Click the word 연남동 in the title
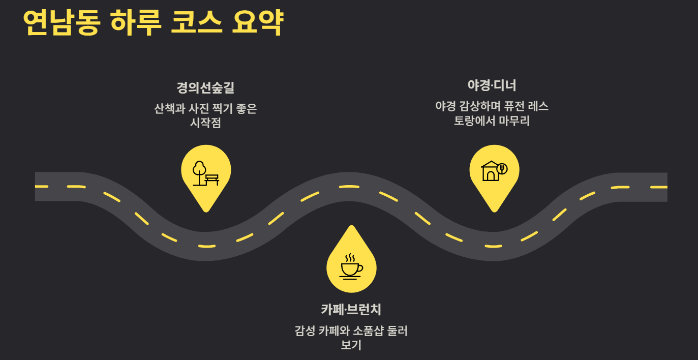click(62, 22)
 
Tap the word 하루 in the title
click(136, 22)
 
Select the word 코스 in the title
click(197, 22)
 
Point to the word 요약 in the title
click(258, 22)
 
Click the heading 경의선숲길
click(205, 87)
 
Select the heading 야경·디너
click(492, 85)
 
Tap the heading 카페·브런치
click(351, 310)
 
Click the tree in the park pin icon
click(199, 173)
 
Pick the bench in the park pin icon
click(212, 179)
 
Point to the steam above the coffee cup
click(350, 258)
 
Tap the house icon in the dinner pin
click(490, 171)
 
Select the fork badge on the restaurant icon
click(502, 169)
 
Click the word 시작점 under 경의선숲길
click(206, 123)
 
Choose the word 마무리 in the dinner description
click(514, 121)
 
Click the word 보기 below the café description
click(351, 345)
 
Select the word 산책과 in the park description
click(170, 108)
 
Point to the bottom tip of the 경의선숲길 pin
click(206, 212)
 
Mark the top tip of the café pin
click(351, 226)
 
